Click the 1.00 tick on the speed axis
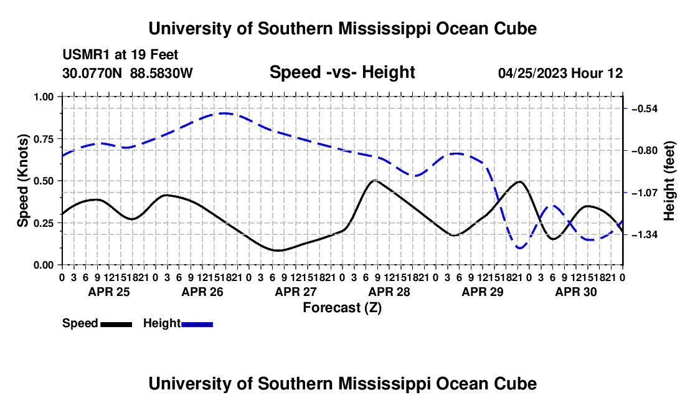pyautogui.click(x=43, y=97)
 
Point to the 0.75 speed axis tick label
pyautogui.click(x=43, y=139)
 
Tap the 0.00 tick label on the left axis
pyautogui.click(x=43, y=265)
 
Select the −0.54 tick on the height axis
pyautogui.click(x=645, y=109)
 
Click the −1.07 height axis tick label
pyautogui.click(x=645, y=193)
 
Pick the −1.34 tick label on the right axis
pyautogui.click(x=645, y=235)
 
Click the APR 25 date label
pyautogui.click(x=109, y=292)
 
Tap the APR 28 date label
pyautogui.click(x=389, y=292)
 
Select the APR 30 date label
pyautogui.click(x=576, y=292)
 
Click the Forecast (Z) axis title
pyautogui.click(x=342, y=308)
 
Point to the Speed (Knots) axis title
pyautogui.click(x=22, y=181)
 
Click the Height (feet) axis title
pyautogui.click(x=669, y=181)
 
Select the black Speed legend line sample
pyautogui.click(x=116, y=325)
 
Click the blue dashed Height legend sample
pyautogui.click(x=197, y=325)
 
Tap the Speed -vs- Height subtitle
pyautogui.click(x=342, y=72)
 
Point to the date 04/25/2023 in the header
pyautogui.click(x=532, y=73)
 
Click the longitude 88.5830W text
pyautogui.click(x=161, y=73)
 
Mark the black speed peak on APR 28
pyautogui.click(x=375, y=180)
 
